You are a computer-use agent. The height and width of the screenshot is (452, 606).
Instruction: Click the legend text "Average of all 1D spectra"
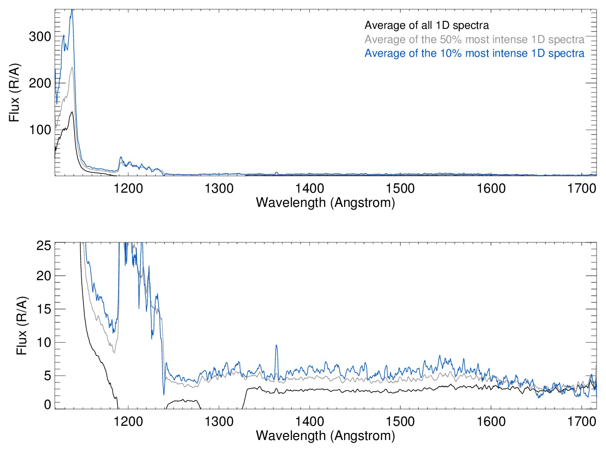[x=427, y=25]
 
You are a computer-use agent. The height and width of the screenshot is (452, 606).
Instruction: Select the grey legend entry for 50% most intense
[x=474, y=40]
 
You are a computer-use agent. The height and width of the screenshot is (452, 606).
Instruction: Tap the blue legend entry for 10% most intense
[x=474, y=53]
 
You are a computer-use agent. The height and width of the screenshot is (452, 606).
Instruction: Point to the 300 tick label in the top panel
[x=40, y=36]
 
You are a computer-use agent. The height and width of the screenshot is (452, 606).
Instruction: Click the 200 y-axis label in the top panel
[x=40, y=83]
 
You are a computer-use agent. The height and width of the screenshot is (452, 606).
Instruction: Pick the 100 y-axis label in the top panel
[x=40, y=130]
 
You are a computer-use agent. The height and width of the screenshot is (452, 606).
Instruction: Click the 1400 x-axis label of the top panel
[x=309, y=188]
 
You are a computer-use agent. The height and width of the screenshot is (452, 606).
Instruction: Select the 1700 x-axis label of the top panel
[x=582, y=188]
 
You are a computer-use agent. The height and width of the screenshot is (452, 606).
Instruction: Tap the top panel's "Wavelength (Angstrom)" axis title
[x=325, y=203]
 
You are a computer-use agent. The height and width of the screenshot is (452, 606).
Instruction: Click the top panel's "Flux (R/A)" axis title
[x=14, y=93]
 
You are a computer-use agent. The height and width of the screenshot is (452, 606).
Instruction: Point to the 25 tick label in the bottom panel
[x=44, y=246]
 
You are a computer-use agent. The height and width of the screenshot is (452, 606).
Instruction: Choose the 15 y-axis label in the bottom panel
[x=44, y=309]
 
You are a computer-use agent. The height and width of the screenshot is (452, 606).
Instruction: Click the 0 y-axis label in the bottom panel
[x=48, y=404]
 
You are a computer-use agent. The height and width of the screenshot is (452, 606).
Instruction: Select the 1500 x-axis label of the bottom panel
[x=400, y=421]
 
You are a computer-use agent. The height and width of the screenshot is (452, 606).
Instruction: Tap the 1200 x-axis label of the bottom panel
[x=128, y=421]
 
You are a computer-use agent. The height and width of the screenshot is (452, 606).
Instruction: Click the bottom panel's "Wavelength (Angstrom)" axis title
[x=325, y=436]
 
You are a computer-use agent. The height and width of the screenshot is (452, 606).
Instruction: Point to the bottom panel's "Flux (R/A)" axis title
[x=22, y=326]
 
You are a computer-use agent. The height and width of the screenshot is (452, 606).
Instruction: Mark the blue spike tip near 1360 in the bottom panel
[x=276, y=345]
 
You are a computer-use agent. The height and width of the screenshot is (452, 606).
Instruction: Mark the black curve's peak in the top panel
[x=71, y=112]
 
